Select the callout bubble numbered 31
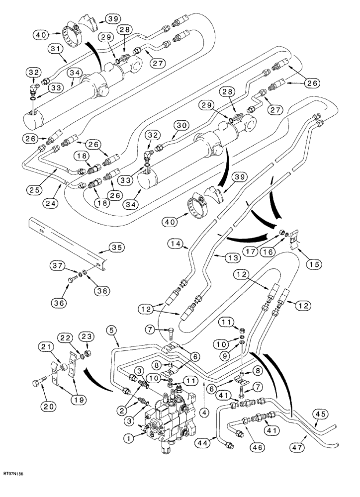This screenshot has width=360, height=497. [56, 48]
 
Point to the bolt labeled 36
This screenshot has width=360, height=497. [72, 282]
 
